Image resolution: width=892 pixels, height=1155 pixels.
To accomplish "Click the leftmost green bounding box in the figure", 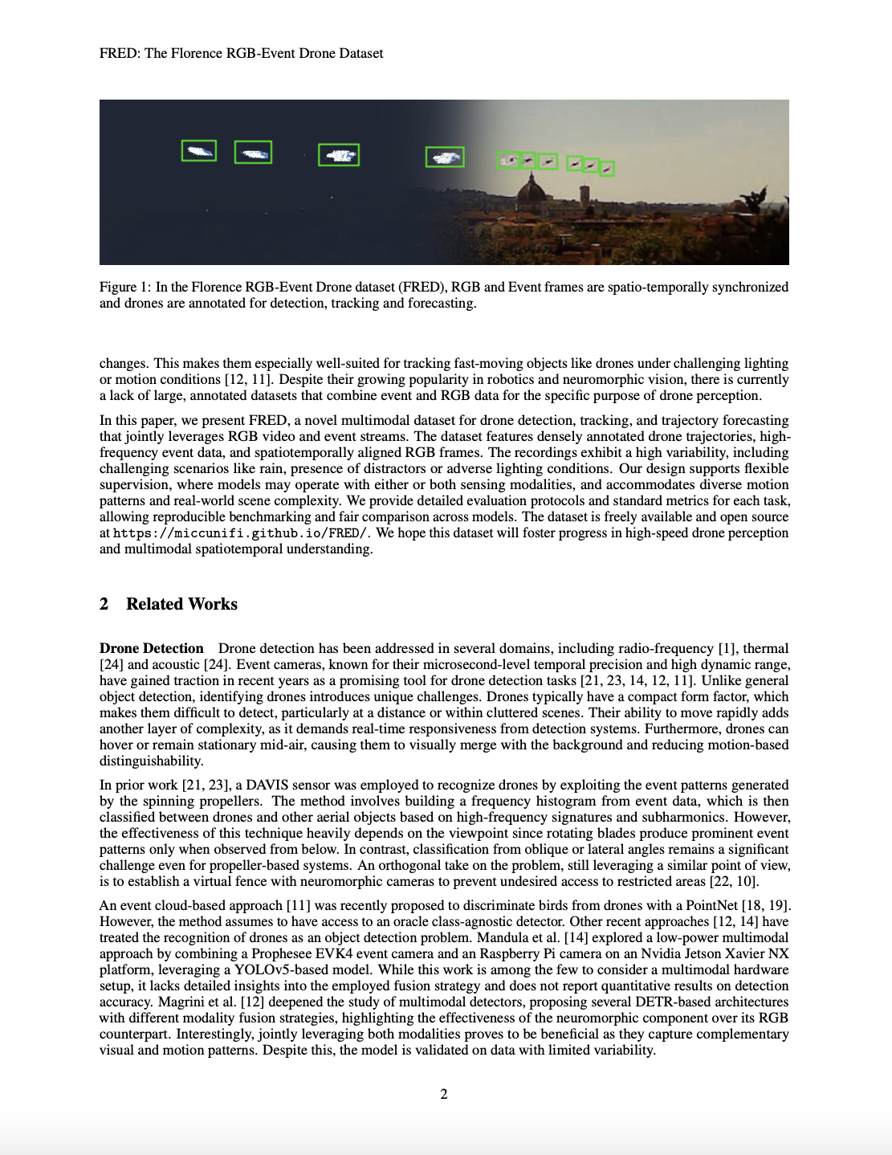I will [198, 151].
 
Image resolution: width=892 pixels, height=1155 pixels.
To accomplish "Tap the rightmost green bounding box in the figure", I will [607, 169].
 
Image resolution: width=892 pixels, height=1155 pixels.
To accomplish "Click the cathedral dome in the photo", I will [530, 193].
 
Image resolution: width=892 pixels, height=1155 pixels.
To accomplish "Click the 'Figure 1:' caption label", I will [125, 288].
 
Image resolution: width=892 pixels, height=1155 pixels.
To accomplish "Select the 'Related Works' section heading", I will [181, 604].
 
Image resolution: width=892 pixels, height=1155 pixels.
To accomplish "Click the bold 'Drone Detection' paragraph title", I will [152, 648].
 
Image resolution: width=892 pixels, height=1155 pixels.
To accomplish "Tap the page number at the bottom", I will [444, 1094].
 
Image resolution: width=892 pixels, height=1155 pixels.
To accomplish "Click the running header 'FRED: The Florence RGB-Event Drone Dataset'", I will [241, 53].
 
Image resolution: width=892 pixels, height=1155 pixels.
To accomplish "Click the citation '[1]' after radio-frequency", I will [727, 648].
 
